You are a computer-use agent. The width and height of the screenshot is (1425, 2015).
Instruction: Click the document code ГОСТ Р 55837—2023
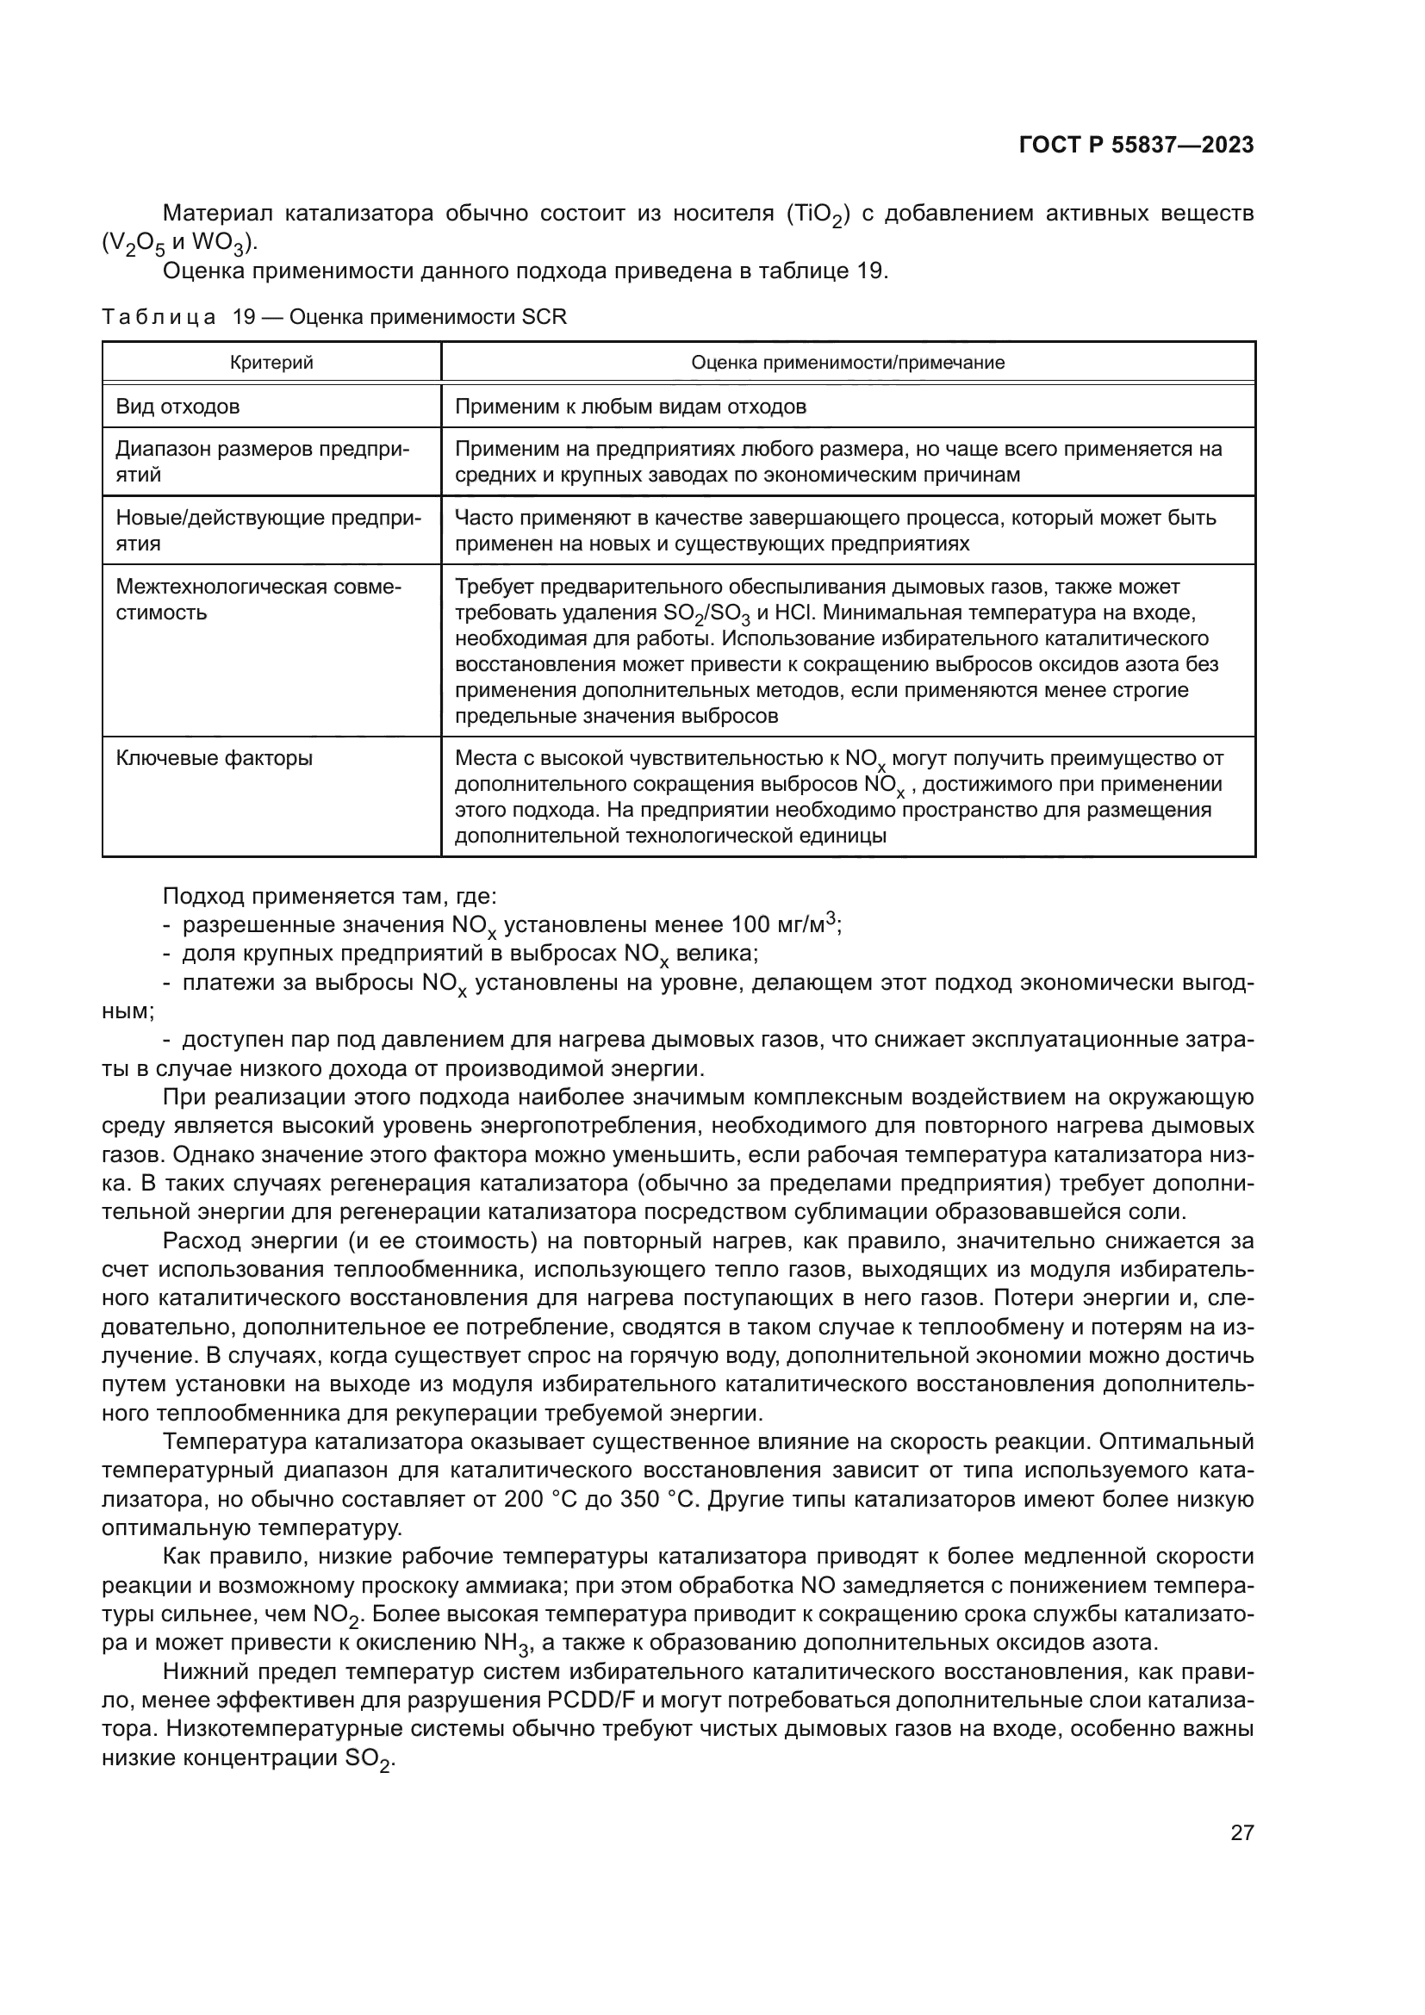coord(1136,146)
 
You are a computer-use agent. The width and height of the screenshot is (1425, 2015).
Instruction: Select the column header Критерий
coord(271,363)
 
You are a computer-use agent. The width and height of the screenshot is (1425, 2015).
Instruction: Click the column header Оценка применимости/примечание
coord(848,363)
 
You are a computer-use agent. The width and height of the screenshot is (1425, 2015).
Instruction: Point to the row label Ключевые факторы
coord(215,757)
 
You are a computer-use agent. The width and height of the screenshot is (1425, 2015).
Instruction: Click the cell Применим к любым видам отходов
coord(631,407)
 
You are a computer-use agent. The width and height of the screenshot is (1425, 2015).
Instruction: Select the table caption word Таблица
coord(159,317)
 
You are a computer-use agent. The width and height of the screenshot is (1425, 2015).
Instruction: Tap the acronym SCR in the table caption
coord(544,317)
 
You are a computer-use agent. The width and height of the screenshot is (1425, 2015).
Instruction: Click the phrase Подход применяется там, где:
coord(330,896)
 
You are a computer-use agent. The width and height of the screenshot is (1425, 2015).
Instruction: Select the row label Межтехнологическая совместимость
coord(258,599)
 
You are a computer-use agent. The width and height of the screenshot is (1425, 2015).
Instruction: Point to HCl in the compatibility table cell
coord(795,612)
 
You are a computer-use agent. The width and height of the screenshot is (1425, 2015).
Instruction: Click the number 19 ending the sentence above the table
coord(869,271)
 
